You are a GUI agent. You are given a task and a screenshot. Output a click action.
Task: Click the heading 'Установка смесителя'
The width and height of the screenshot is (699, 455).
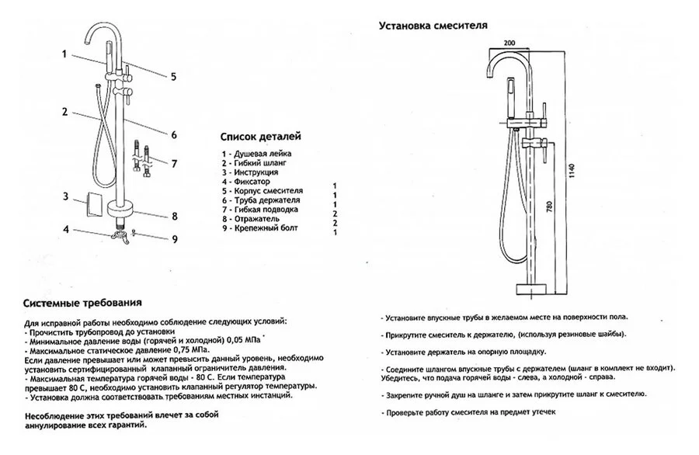coord(433,25)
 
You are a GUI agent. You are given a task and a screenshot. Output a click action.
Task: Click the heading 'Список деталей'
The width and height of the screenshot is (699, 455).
coord(261,137)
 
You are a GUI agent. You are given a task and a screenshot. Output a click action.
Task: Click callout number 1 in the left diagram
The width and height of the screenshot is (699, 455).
coord(65,54)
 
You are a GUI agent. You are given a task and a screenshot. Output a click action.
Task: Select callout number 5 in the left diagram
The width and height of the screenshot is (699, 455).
coord(174,76)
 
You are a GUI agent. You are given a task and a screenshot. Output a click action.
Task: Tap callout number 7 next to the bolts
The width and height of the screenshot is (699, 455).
coord(174,164)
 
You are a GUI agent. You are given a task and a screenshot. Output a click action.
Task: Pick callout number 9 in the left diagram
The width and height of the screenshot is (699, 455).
coord(175,239)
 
